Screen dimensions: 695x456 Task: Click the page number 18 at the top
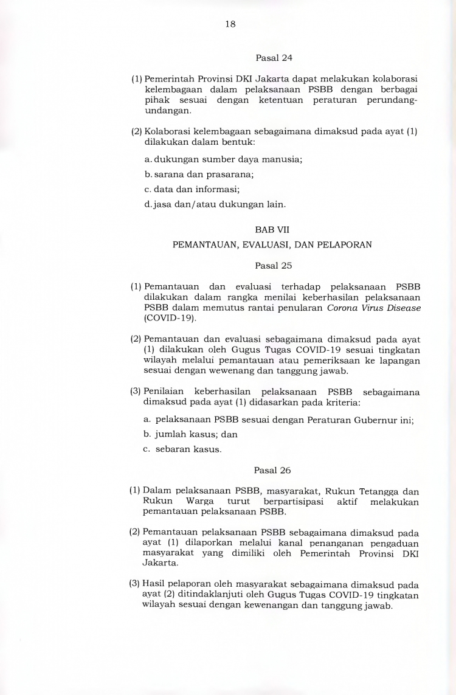click(x=230, y=24)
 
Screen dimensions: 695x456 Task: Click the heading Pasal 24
click(x=274, y=58)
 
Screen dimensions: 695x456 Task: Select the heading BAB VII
click(x=274, y=231)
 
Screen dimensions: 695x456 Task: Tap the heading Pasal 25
click(x=274, y=265)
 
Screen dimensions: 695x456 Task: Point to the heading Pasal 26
click(x=273, y=470)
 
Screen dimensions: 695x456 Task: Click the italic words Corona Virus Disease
click(x=374, y=308)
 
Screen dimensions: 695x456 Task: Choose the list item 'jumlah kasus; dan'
click(x=190, y=434)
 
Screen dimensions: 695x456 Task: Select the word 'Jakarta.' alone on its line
click(x=159, y=563)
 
